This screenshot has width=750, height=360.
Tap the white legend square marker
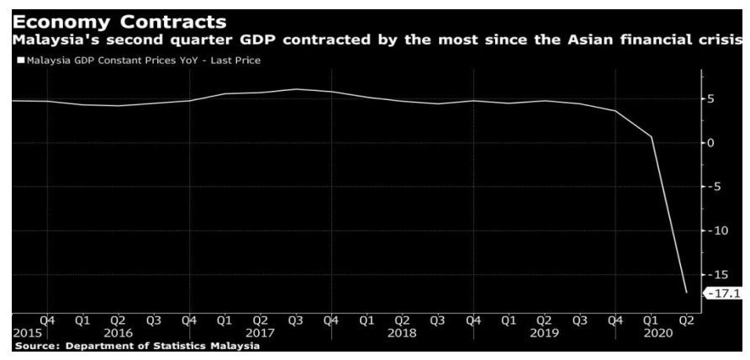(x=19, y=60)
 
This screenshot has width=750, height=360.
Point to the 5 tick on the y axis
(x=710, y=99)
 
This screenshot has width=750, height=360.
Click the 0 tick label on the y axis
(x=710, y=143)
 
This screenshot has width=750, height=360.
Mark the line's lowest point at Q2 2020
(x=686, y=293)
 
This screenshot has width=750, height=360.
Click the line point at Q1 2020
(x=651, y=137)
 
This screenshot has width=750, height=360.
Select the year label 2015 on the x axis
(x=27, y=333)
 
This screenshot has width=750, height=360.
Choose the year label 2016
(x=118, y=333)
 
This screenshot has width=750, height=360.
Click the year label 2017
(x=260, y=333)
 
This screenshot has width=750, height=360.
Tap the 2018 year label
(x=402, y=333)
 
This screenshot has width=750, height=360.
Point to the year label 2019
(x=544, y=333)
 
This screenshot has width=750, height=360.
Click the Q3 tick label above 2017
(x=295, y=320)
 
